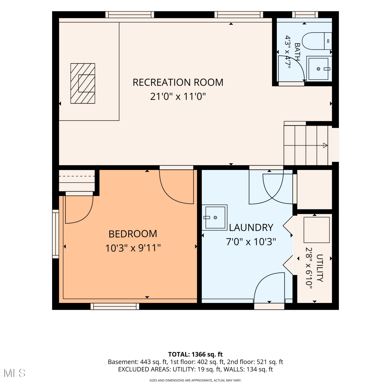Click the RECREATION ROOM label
(x=178, y=82)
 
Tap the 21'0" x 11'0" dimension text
(x=178, y=96)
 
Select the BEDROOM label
(x=133, y=234)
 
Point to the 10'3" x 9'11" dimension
(x=133, y=248)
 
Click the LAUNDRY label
(x=251, y=228)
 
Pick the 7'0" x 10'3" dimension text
(x=251, y=242)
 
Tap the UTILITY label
(x=320, y=268)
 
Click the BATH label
(x=297, y=52)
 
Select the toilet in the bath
(x=317, y=41)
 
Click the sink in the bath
(x=319, y=69)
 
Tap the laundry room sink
(x=215, y=217)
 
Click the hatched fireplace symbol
(x=83, y=83)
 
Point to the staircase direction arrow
(x=325, y=145)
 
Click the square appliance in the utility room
(x=316, y=230)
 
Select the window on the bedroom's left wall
(x=56, y=234)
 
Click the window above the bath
(x=305, y=15)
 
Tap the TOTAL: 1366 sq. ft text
(x=195, y=354)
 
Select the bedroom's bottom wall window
(x=115, y=306)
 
